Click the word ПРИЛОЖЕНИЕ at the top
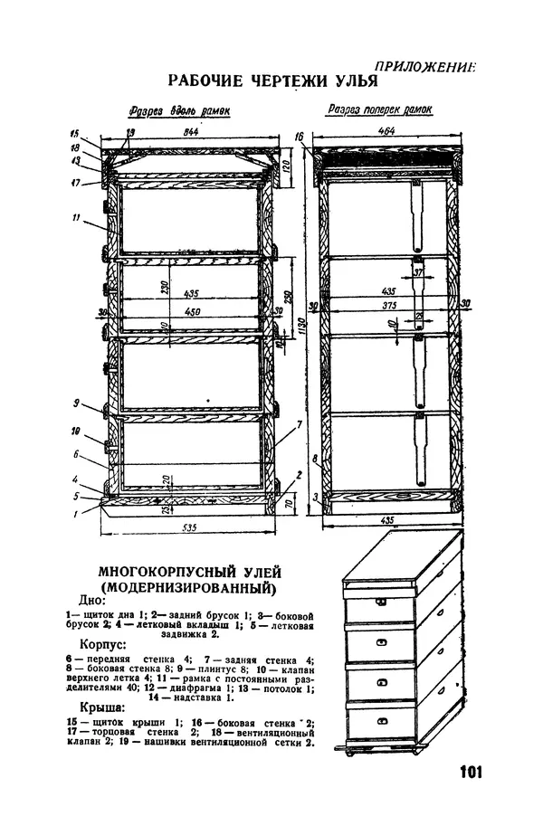[424, 64]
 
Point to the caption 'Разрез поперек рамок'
[379, 110]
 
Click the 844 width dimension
[190, 132]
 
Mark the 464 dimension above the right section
[388, 132]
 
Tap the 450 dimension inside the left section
[192, 312]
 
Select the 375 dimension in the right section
[389, 306]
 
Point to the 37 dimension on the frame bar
[417, 271]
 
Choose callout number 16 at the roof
[299, 137]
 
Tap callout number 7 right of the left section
[298, 423]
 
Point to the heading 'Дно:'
[92, 600]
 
